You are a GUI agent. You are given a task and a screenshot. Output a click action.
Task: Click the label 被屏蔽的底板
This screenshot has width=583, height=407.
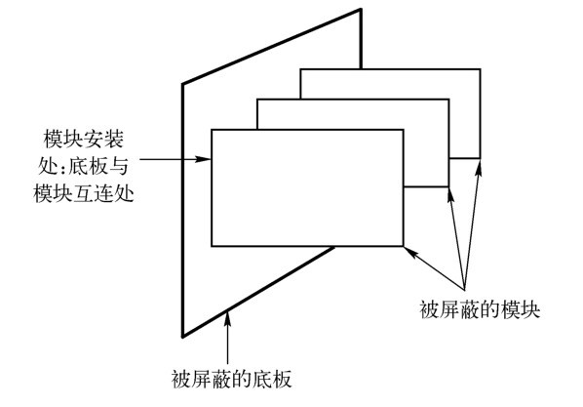pos(231,379)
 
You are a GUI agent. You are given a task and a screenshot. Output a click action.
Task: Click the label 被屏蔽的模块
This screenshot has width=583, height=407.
pos(480,309)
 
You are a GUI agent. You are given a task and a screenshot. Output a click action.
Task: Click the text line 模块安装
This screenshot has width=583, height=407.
pos(83,140)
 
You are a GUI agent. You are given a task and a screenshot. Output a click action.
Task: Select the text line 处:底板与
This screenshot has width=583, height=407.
pos(84,166)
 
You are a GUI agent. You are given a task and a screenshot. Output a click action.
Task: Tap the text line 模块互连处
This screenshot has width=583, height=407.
pos(84,193)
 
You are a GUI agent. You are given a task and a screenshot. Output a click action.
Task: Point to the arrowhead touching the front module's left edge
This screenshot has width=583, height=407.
pos(204,159)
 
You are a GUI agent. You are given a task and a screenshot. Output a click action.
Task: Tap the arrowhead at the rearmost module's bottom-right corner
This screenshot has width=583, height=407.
pos(479,167)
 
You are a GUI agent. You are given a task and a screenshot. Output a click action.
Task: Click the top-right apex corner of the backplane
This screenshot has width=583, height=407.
pos(361,10)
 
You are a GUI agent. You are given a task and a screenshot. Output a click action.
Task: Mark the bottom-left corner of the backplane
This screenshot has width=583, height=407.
pos(182,337)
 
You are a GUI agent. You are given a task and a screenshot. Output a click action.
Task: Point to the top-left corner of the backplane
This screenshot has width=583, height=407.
pos(182,84)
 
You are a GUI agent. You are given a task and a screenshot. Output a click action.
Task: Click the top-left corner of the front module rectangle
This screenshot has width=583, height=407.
pos(212,130)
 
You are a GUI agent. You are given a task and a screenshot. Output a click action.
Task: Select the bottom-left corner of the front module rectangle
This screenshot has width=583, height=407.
pos(212,246)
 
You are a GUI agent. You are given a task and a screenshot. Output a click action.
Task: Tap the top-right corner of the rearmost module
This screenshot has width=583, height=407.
pos(480,69)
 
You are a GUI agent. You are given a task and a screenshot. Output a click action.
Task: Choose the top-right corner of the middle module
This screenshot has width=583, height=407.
pos(448,100)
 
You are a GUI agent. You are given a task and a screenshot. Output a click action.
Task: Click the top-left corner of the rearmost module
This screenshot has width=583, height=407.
pos(301,69)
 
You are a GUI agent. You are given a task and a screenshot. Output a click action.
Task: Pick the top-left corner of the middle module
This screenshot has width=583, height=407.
pos(257,100)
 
